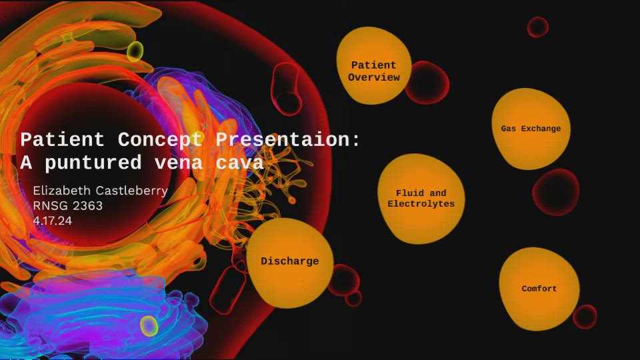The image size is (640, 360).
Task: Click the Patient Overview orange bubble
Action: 373,67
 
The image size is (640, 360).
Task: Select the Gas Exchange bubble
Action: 531,129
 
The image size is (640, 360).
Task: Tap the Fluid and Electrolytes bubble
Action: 421,199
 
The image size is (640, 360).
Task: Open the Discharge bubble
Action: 289,262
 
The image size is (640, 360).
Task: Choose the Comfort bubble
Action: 539,289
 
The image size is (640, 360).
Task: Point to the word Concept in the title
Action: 160,140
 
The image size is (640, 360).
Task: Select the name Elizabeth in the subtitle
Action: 60,191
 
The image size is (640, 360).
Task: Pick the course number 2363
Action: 87,206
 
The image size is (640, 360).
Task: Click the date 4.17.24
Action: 52,220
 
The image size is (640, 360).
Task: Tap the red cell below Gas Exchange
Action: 555,192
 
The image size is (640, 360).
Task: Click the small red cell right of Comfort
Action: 585,316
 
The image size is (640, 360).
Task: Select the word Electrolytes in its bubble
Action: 421,204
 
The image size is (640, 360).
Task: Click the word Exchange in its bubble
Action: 541,129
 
